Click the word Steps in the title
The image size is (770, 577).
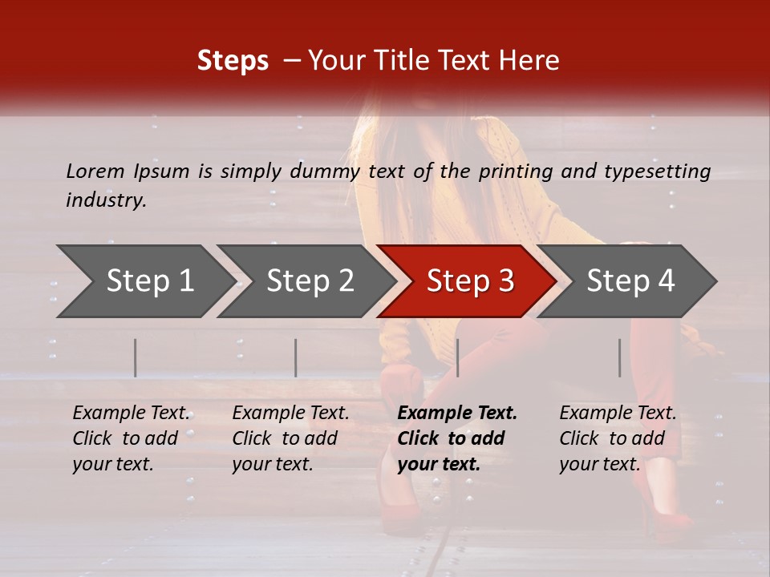[233, 61]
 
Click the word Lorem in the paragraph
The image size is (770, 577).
[95, 171]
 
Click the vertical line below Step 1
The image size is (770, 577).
[136, 357]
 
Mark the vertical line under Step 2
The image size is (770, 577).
[296, 357]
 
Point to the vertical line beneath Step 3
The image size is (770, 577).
[457, 357]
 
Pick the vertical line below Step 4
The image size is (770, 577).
[620, 357]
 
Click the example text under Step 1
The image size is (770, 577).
[131, 438]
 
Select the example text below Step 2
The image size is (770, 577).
[290, 438]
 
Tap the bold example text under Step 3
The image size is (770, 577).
[457, 438]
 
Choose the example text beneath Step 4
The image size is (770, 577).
[618, 438]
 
